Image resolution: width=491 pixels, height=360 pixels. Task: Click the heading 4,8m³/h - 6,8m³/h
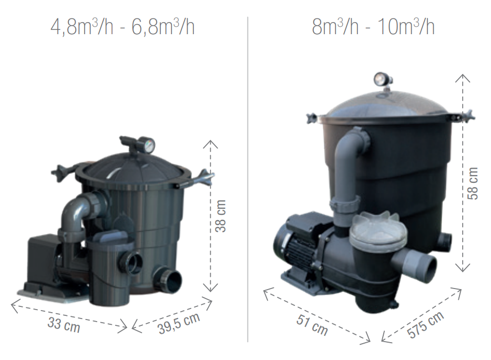(122, 27)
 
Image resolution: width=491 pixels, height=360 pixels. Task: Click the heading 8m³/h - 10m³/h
(373, 27)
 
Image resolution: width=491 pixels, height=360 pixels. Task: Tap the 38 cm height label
(221, 215)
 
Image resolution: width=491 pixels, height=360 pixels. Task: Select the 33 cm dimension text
(64, 324)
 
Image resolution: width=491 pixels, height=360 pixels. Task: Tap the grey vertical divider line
(248, 179)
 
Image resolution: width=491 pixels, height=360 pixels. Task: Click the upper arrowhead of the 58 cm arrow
(462, 77)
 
